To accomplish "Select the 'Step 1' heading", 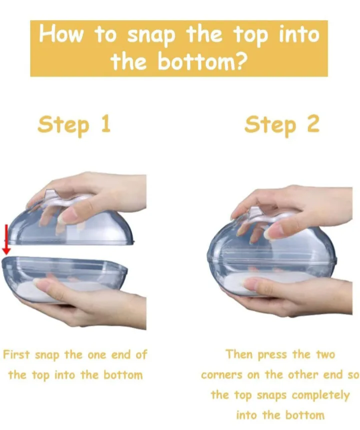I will point(74,124).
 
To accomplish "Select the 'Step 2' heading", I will point(281,124).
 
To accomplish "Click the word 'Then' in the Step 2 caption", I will point(239,354).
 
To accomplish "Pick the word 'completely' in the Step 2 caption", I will point(320,395).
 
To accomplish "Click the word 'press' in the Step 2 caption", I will point(272,355).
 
